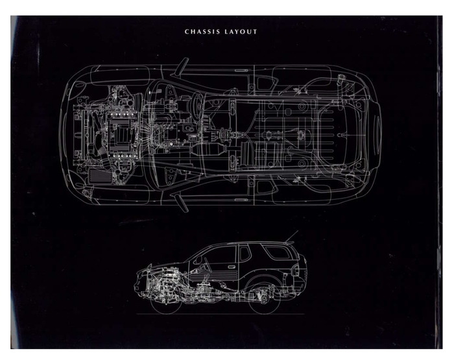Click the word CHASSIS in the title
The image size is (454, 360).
[202, 32]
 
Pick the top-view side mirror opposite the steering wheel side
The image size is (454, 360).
[181, 203]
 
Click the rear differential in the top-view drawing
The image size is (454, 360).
[302, 135]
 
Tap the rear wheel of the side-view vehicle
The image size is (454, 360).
[265, 300]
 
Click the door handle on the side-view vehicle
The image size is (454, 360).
[232, 267]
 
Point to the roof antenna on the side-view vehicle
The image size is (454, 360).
[291, 237]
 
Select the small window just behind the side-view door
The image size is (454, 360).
[244, 254]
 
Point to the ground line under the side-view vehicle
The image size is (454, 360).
[221, 314]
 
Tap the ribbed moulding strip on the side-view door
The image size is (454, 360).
[213, 279]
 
